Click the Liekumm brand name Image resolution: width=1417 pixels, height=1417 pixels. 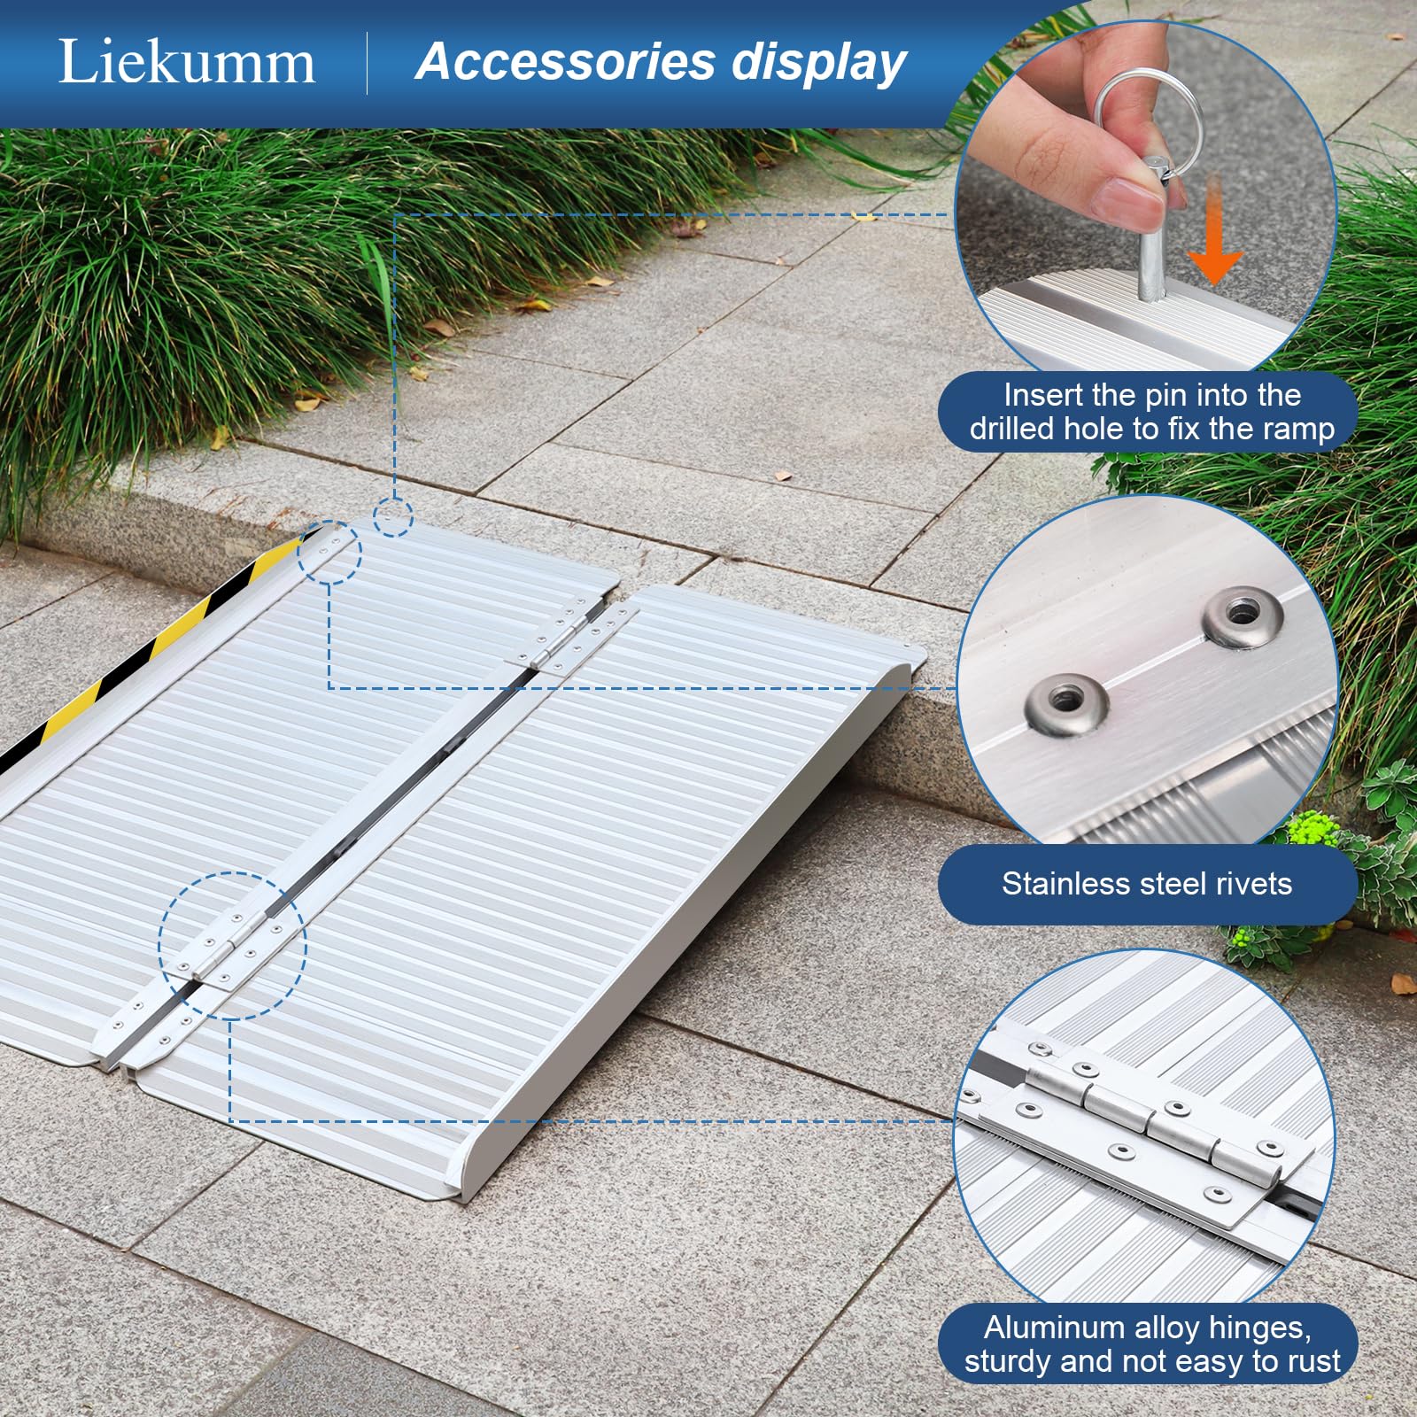(x=186, y=62)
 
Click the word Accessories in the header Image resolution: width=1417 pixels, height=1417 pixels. (x=565, y=62)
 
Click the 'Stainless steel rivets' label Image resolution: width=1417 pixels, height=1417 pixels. (x=1147, y=884)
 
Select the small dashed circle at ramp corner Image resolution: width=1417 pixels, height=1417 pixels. (x=392, y=516)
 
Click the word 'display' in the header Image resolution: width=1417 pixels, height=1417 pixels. (x=818, y=62)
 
